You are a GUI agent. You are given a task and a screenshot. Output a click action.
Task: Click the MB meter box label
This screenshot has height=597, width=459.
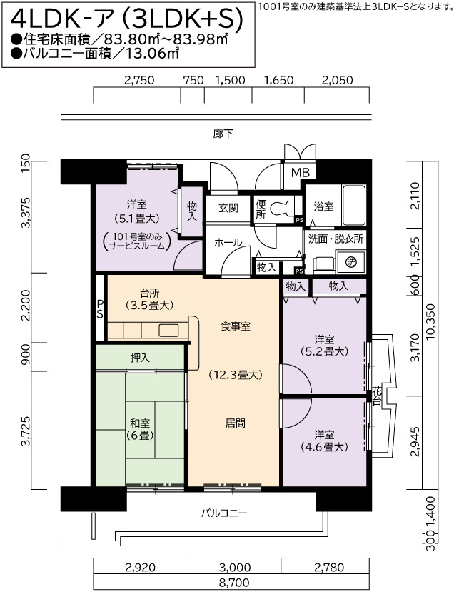(301, 173)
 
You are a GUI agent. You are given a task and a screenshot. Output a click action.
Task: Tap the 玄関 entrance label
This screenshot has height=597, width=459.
(228, 208)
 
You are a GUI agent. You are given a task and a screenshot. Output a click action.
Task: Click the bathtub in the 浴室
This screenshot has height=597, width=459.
(354, 205)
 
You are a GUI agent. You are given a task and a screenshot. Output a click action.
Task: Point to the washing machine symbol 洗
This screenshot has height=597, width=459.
(351, 261)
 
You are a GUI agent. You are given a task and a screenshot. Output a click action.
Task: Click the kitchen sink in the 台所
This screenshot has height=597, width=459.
(168, 330)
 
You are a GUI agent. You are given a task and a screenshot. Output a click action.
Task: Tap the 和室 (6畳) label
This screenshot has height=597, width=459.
(140, 429)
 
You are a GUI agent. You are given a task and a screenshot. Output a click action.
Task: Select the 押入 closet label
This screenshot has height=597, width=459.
(140, 358)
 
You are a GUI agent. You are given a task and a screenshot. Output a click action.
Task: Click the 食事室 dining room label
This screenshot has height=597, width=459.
(236, 326)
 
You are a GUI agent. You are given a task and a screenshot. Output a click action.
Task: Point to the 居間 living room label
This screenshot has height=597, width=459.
(236, 423)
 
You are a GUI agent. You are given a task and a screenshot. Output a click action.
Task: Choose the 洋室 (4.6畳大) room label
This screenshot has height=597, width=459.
(324, 441)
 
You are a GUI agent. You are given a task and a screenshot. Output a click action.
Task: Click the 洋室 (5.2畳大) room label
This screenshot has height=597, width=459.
(324, 345)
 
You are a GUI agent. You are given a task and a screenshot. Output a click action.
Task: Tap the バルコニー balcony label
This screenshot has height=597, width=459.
(224, 513)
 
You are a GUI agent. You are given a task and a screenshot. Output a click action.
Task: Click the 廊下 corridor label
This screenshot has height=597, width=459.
(223, 134)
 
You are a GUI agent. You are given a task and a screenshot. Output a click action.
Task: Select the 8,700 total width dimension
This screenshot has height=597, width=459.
(234, 583)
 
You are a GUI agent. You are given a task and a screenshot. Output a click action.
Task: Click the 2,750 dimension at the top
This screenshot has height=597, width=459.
(140, 80)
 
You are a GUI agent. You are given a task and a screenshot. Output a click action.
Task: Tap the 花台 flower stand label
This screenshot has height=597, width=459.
(377, 396)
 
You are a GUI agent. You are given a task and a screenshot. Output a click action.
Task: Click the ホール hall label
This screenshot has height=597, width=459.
(228, 243)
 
